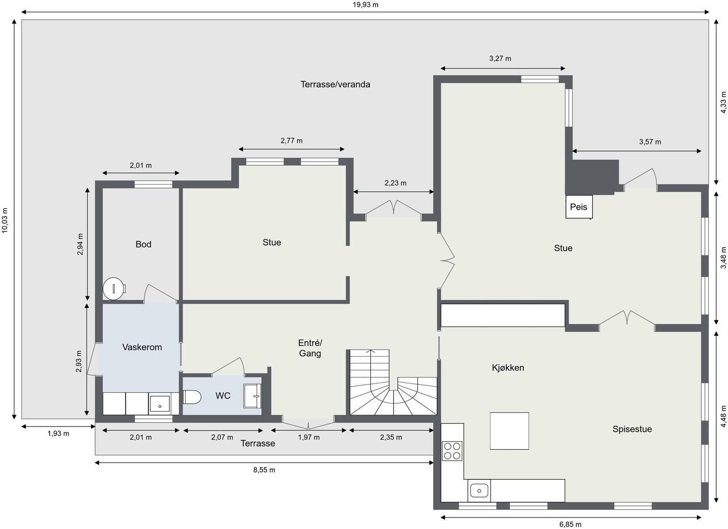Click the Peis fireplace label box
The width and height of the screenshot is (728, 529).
579,207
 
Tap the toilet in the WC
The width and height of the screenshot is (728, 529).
192,397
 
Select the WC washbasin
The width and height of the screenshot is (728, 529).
253,396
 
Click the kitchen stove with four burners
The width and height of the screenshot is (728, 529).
452,451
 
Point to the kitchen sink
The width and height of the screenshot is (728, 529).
479,490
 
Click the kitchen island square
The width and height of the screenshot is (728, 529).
509,431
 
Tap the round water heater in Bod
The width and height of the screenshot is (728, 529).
113,289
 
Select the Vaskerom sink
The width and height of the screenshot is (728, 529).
160,404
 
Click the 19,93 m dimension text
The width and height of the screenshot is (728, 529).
365,5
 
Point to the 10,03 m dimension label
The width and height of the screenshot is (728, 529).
5,220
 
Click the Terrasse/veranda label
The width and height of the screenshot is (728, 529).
335,84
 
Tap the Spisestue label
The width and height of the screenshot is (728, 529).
632,429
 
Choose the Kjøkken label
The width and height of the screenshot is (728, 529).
508,367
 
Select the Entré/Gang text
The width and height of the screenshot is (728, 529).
310,348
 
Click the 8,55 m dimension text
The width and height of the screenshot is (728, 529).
264,470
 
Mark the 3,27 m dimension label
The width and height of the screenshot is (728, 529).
500,58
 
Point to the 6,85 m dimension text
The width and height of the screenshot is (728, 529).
570,524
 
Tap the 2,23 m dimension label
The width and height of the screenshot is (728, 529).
395,183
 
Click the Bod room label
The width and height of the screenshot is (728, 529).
143,244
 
